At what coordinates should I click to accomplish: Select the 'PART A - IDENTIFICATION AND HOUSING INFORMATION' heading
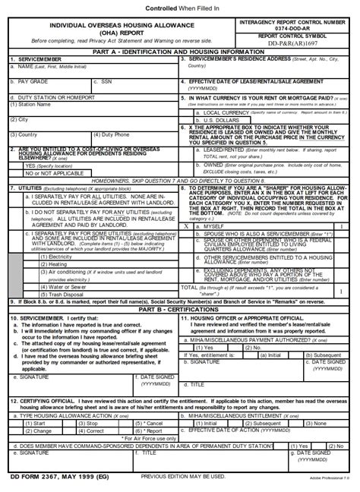tap(179, 52)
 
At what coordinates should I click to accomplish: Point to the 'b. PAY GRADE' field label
tap(31, 80)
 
